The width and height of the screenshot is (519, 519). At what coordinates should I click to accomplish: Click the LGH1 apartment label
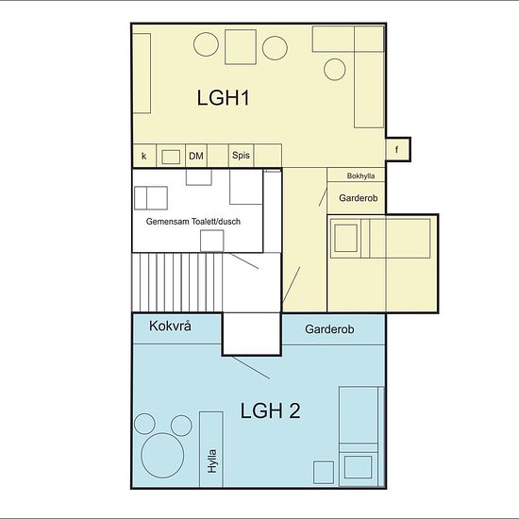223,97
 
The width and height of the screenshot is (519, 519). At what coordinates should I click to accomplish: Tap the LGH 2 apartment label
270,410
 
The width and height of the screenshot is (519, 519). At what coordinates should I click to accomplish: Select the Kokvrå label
170,326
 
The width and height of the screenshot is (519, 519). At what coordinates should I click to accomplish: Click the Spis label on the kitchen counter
241,155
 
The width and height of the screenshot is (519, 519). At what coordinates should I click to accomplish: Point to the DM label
196,156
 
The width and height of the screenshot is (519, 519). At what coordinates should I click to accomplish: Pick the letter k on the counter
144,156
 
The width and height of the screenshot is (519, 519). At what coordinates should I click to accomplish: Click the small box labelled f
398,149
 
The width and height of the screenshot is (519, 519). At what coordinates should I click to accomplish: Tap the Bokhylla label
360,176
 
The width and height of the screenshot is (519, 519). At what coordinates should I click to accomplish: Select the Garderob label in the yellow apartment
359,198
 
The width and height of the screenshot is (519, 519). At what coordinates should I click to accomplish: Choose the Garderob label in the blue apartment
329,329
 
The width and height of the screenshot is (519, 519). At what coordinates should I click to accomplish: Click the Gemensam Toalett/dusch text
193,222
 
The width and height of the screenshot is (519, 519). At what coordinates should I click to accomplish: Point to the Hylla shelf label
211,461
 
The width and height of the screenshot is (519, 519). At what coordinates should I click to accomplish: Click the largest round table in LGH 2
162,456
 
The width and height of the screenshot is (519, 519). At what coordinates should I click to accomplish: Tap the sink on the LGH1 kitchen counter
171,157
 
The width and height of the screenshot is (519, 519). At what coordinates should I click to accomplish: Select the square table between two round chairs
241,46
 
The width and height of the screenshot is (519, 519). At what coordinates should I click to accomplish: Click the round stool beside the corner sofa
335,70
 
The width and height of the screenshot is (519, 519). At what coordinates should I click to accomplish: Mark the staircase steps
177,282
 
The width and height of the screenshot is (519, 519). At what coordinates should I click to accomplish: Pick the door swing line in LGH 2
251,368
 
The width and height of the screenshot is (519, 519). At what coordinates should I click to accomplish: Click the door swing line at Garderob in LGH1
323,197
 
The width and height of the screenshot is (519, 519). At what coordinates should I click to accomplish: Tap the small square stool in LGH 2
324,473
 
